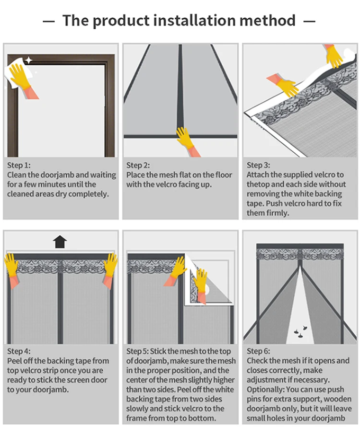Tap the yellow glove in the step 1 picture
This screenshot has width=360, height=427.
pos(21,75)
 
